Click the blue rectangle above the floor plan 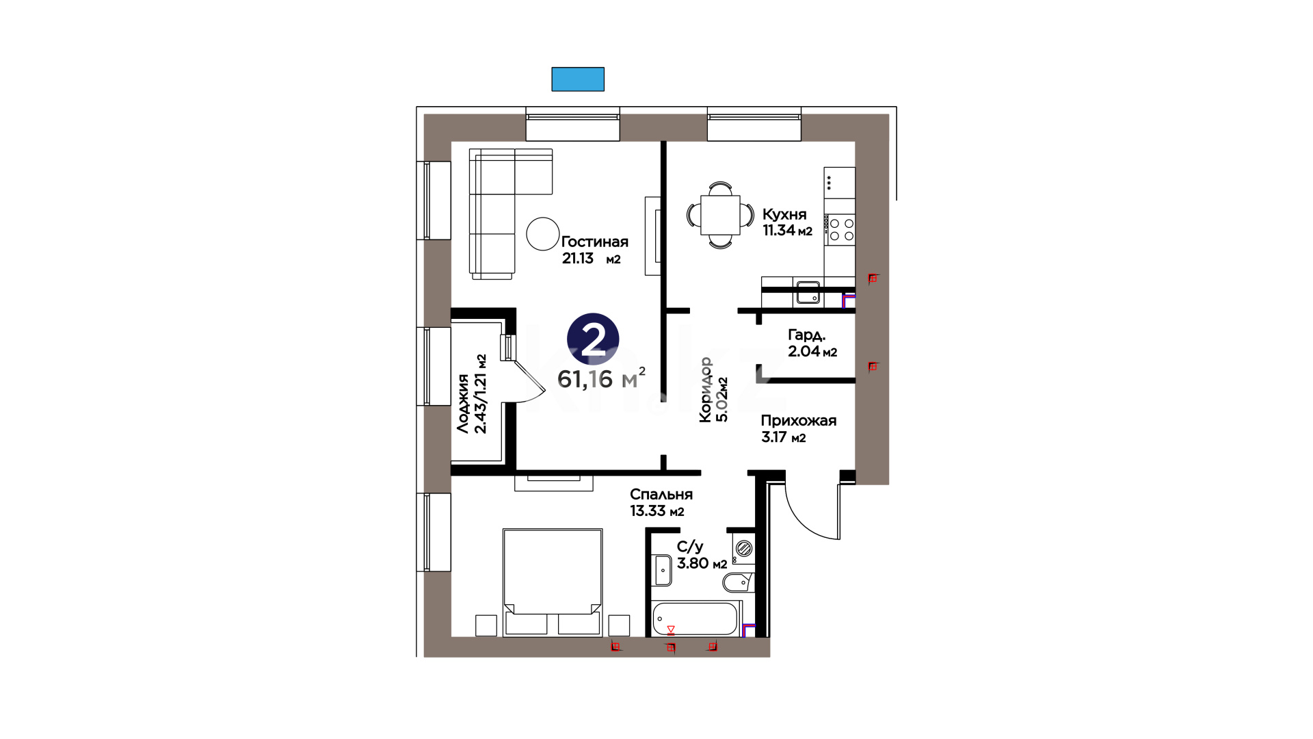coord(578,79)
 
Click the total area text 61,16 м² coord(601,378)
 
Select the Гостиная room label coord(594,242)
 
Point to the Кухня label coord(784,214)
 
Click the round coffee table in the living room coord(543,234)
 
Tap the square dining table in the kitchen coord(720,215)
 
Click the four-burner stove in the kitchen coord(840,229)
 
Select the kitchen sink coord(807,293)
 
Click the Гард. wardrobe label coord(807,335)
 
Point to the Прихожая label coord(799,421)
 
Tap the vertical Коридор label coord(705,389)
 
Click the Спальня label coord(661,494)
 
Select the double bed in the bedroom coord(553,582)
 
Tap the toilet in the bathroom coord(739,582)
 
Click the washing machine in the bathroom coord(744,548)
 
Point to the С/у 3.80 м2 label coord(702,555)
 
